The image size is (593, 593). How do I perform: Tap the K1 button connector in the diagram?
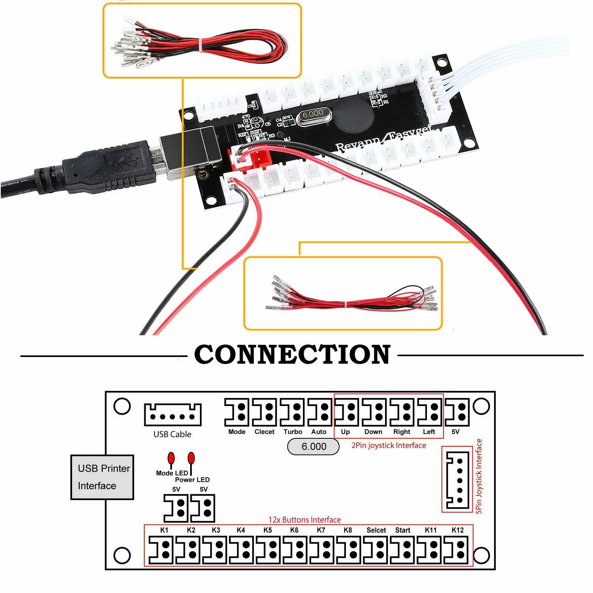click(x=161, y=550)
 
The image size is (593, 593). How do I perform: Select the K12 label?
click(x=457, y=530)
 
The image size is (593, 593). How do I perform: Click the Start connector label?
click(x=402, y=530)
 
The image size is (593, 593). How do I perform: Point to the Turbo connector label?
click(x=293, y=432)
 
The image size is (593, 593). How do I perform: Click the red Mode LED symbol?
click(x=171, y=459)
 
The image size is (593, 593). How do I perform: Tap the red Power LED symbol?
click(x=191, y=459)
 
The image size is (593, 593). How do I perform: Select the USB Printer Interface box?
click(x=102, y=477)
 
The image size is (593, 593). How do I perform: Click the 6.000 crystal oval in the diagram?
click(x=313, y=447)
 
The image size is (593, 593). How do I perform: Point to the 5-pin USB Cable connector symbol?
click(x=172, y=415)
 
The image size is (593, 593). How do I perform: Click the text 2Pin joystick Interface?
click(x=389, y=446)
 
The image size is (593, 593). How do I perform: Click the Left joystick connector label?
click(x=429, y=432)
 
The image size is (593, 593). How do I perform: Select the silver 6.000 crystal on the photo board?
click(x=313, y=114)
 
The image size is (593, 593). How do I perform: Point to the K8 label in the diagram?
click(x=347, y=530)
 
